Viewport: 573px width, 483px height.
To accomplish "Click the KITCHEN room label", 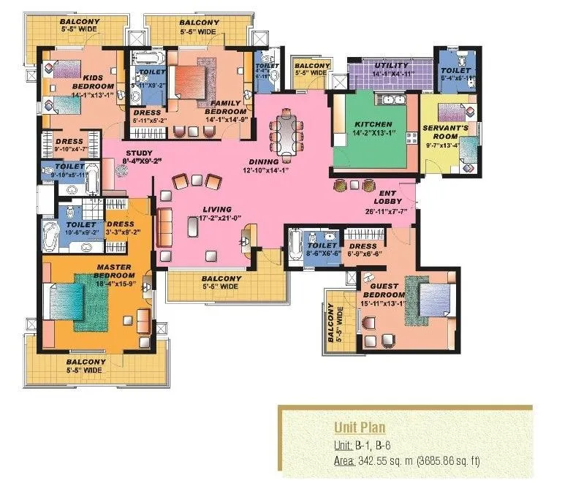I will pyautogui.click(x=373, y=124).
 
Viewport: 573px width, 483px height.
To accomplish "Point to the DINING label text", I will pyautogui.click(x=262, y=162).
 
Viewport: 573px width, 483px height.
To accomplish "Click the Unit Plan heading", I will pyautogui.click(x=360, y=427).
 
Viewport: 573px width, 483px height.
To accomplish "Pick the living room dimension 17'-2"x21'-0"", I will pyautogui.click(x=220, y=228).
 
